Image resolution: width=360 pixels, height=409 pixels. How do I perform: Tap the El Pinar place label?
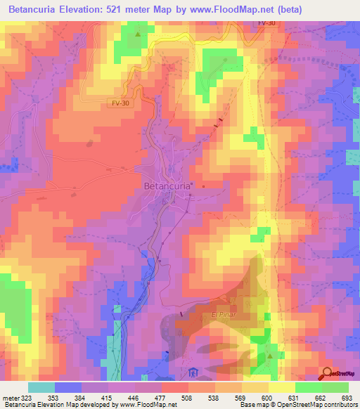pyautogui.click(x=220, y=316)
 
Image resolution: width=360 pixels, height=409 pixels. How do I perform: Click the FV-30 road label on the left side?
pyautogui.click(x=120, y=103)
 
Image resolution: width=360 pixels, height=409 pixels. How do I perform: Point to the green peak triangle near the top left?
pyautogui.click(x=139, y=34)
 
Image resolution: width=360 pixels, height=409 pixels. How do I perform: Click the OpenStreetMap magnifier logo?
pyautogui.click(x=327, y=373)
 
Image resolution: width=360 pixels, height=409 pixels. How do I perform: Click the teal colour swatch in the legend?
pyautogui.click(x=41, y=387)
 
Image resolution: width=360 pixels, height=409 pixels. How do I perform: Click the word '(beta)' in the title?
pyautogui.click(x=337, y=9)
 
